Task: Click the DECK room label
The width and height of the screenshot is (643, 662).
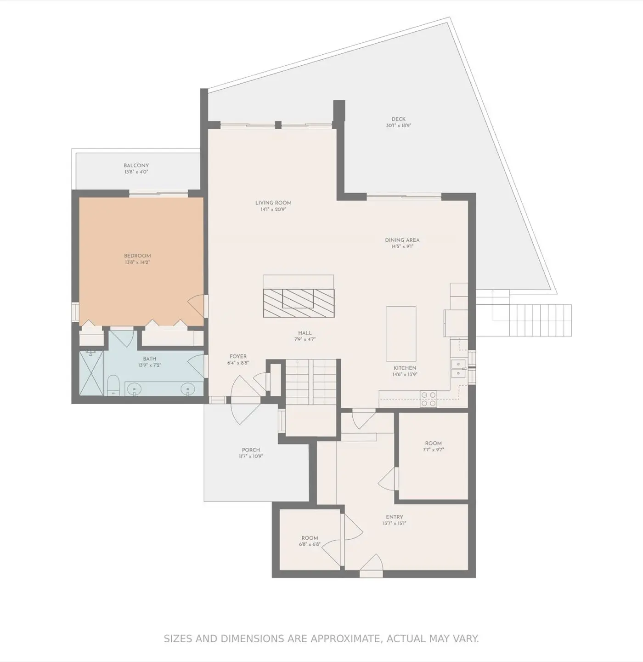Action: pos(398,119)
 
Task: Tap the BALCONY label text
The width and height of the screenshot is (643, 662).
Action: pos(136,165)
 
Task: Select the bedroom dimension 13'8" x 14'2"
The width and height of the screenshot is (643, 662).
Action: pos(137,263)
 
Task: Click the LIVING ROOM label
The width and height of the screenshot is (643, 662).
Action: pos(273,203)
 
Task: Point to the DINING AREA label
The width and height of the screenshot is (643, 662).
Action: pos(402,240)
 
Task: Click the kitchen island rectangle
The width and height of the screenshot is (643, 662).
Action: pos(401,334)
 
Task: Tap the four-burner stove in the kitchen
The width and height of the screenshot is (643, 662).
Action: pos(428,399)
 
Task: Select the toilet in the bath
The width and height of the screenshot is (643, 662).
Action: pos(113,385)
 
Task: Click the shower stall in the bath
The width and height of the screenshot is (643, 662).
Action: pos(91,373)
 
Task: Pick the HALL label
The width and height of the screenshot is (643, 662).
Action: pos(305,333)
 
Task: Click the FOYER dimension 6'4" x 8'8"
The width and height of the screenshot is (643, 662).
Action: pos(238,363)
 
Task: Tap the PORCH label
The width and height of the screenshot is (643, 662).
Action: pos(251,450)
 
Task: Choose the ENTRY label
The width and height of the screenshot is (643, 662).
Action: pos(394,517)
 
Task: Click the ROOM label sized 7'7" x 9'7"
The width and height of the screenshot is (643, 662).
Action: pos(433,444)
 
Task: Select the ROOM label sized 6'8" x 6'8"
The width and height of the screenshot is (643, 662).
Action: pos(310,538)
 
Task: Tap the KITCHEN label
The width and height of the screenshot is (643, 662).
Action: pos(405,368)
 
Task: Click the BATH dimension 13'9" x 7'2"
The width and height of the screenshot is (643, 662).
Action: pos(149,365)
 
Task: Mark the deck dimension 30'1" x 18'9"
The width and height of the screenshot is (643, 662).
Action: pos(398,126)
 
